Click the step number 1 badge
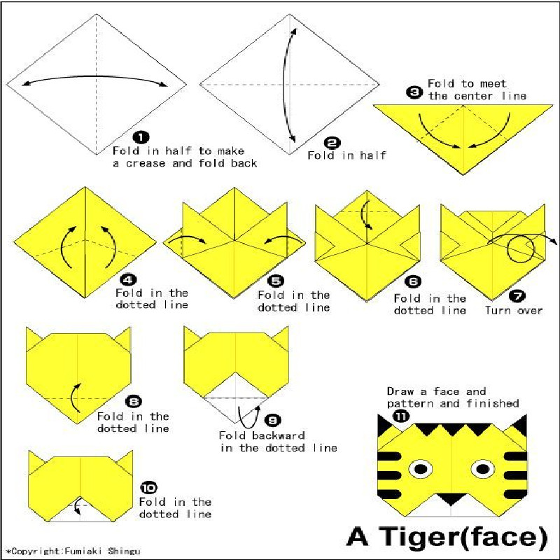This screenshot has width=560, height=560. tap(141, 136)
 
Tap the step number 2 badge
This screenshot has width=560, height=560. tap(332, 143)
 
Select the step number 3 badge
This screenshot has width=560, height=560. tap(414, 93)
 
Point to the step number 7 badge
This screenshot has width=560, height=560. tap(517, 295)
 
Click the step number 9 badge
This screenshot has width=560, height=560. tap(272, 421)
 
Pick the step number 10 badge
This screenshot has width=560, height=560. tap(148, 488)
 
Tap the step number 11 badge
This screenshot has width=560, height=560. tap(401, 416)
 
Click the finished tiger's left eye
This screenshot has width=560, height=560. tap(421, 468)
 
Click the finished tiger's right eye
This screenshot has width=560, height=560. tap(483, 468)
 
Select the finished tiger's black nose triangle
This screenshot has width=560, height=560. tap(451, 498)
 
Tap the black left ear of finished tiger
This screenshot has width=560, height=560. tap(386, 426)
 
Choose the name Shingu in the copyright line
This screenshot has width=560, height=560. tap(124, 551)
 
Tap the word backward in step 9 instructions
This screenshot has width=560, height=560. tap(279, 435)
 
